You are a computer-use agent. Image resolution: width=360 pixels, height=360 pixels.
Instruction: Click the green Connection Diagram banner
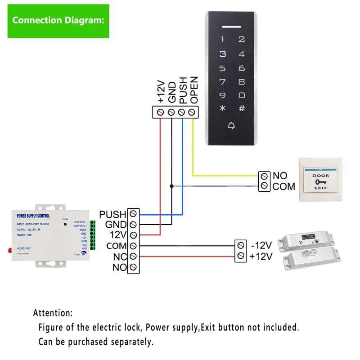point(58,21)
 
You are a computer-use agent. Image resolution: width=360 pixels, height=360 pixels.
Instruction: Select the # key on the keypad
point(242,108)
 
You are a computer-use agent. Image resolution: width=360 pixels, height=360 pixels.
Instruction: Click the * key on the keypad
point(222,108)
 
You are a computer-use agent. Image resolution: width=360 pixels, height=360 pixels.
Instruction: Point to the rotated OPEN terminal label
point(194,90)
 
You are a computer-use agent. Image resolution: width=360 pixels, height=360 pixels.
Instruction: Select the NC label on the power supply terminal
point(118,257)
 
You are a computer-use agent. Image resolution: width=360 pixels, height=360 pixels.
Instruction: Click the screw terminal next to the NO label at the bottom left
point(133,268)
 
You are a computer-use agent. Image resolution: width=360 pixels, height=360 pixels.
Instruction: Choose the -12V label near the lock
point(261,245)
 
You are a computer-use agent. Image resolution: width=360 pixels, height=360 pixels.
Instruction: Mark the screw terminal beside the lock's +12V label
point(241,256)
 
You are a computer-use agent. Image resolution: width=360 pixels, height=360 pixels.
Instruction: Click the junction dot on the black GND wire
point(171,185)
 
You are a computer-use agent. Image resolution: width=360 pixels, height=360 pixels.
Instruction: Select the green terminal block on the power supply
point(92,235)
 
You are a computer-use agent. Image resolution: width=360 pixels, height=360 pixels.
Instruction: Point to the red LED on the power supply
point(66,224)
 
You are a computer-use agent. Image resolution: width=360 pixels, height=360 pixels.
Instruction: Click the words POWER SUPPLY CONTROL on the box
point(36,216)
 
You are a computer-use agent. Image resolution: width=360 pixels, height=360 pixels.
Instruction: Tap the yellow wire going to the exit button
point(225,175)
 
